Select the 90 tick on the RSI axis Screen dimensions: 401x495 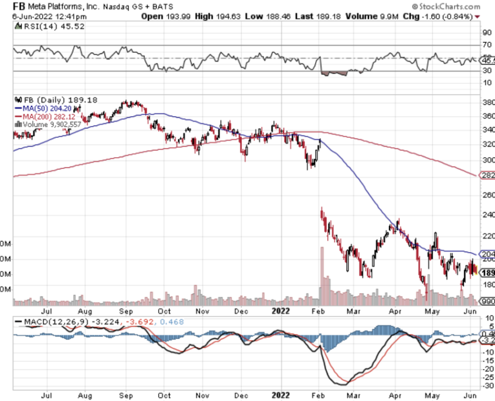point(486,33)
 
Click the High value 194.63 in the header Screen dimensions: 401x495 point(221,16)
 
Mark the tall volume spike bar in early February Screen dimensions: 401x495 point(321,276)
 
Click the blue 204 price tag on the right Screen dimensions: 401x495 point(487,254)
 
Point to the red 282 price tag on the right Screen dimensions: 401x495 point(487,175)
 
